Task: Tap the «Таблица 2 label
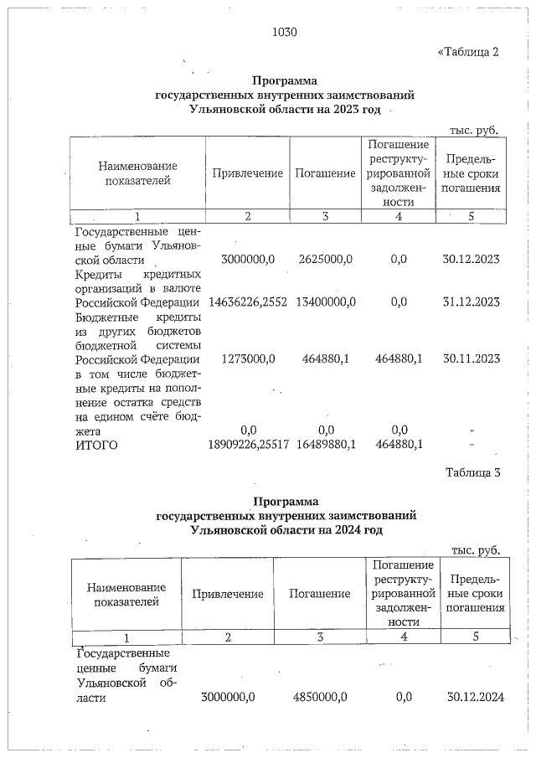click(x=468, y=52)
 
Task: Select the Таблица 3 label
click(x=472, y=472)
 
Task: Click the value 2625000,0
click(x=327, y=259)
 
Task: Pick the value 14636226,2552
click(x=246, y=302)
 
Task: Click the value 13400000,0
click(x=327, y=302)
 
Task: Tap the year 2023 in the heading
click(x=341, y=110)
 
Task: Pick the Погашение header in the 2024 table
click(x=319, y=594)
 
